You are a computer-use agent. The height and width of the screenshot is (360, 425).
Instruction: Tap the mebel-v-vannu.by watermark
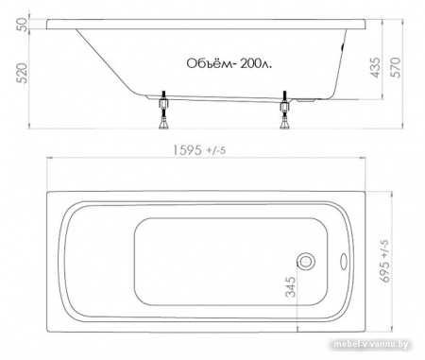click(379, 352)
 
